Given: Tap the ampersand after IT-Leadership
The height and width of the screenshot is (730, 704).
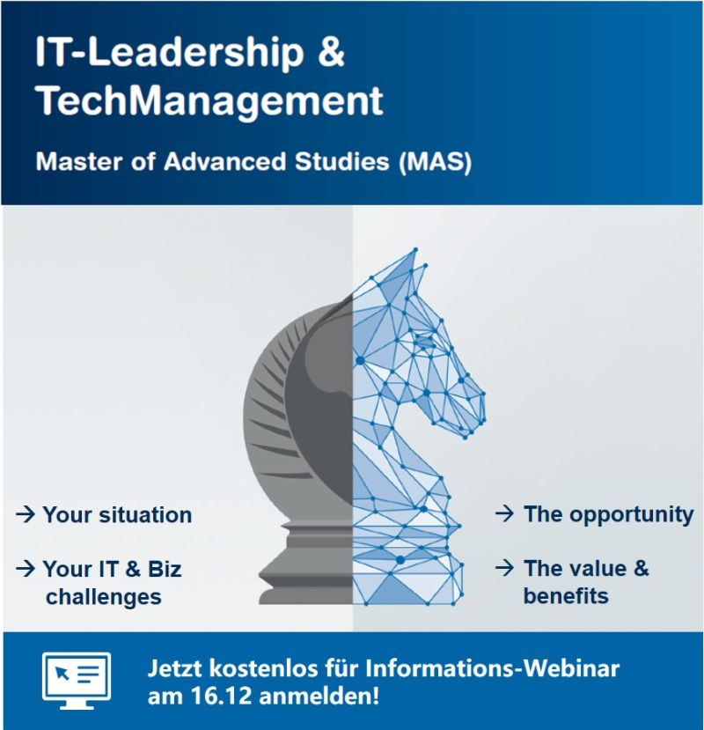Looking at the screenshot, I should [x=329, y=55].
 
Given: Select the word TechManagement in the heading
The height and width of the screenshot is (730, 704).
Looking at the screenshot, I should [x=209, y=102].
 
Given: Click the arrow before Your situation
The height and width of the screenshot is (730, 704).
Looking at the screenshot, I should [x=25, y=514].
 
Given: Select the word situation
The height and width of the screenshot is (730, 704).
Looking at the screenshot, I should [x=143, y=514].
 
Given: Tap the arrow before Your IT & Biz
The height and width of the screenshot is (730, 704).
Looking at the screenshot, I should [x=25, y=569].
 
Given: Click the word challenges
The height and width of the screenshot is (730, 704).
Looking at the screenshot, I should [x=104, y=596].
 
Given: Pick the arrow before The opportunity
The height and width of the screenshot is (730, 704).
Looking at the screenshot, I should [x=503, y=513].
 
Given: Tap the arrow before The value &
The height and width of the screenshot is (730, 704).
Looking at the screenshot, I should [x=503, y=568].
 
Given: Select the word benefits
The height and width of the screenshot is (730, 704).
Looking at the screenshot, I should [x=566, y=596].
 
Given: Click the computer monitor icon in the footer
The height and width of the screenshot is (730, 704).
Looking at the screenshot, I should [x=77, y=681].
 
